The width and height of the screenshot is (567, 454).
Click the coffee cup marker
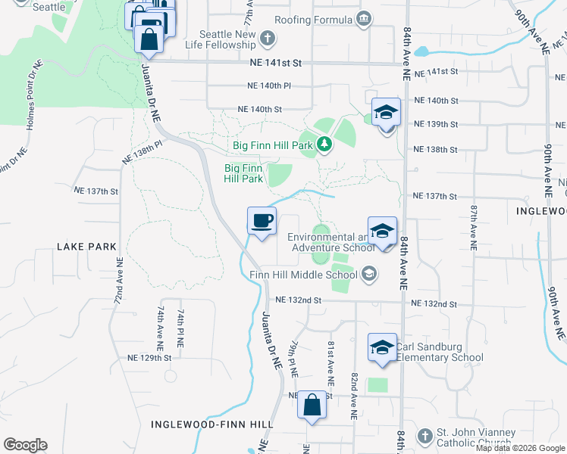pos(262,221)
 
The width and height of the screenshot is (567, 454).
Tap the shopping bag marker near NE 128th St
pos(312,405)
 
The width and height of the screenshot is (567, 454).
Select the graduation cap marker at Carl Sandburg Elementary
pos(382,347)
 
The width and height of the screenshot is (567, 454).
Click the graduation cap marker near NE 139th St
pos(386,113)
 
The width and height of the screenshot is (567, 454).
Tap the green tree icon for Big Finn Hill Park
pos(324,143)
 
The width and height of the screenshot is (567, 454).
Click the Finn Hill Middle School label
pos(303,274)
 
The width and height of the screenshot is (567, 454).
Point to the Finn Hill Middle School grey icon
pos(369,274)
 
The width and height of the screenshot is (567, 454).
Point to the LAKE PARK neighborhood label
pos(87,247)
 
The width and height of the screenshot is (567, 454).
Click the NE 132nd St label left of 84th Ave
pos(299,300)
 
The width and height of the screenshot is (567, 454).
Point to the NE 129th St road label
pos(150,357)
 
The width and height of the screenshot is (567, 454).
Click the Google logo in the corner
pos(25,445)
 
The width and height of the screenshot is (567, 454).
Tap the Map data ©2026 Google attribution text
pos(521,448)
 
